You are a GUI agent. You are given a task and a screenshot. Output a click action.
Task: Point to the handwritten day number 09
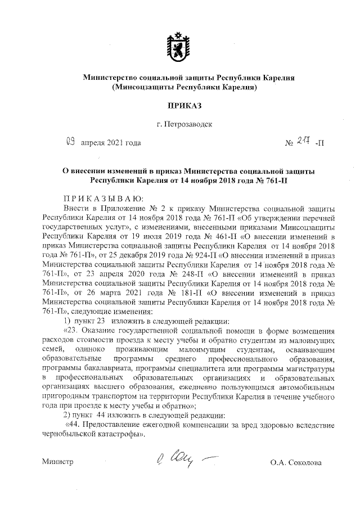(x=70, y=142)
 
